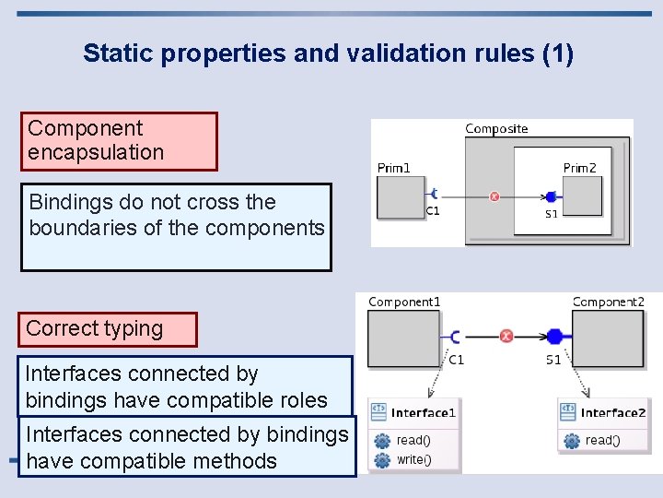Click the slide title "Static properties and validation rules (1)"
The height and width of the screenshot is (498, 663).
328,53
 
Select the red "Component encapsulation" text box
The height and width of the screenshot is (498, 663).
119,141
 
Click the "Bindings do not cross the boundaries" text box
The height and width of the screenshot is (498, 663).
176,227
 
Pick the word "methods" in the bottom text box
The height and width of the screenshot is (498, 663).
232,461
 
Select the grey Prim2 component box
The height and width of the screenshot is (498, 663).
582,196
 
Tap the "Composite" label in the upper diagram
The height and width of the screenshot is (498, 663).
496,129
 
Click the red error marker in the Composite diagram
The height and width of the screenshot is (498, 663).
494,196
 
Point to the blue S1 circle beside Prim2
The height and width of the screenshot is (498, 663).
551,196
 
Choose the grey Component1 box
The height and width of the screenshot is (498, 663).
403,338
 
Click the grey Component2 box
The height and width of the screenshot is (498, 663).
608,338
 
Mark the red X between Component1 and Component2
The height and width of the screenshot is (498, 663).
506,336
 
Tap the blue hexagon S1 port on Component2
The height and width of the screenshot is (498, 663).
553,336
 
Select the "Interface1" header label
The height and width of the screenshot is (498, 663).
423,413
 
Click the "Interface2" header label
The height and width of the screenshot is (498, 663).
613,413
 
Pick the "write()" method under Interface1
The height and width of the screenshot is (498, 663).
413,459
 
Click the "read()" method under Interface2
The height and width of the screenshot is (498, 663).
602,440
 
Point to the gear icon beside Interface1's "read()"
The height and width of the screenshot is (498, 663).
381,440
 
